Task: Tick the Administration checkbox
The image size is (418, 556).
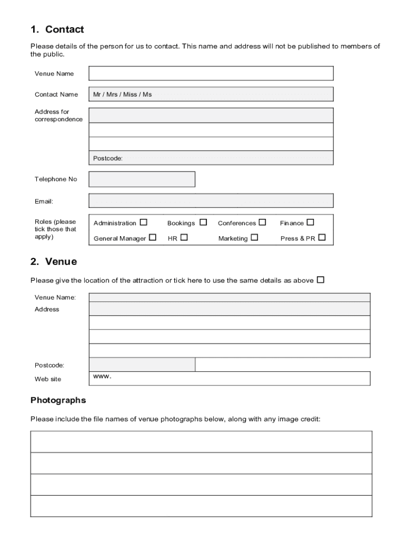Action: tap(143, 222)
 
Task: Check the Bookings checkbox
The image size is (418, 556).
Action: tap(203, 222)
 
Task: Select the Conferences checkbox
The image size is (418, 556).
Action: tap(263, 222)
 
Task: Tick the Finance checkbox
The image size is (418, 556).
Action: tap(311, 222)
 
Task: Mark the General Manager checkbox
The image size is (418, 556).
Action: tap(153, 237)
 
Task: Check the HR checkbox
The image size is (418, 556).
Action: tap(184, 237)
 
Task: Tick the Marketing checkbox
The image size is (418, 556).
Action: tap(255, 237)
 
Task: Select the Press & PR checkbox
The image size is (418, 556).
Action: tap(322, 237)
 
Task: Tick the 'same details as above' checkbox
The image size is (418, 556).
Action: tap(321, 280)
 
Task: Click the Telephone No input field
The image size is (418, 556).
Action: tap(142, 179)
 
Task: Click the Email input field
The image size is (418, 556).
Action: tap(211, 201)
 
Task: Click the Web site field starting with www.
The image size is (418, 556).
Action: tap(230, 378)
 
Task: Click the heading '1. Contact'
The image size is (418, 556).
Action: tap(57, 29)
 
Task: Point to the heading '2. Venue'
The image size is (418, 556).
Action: tap(54, 262)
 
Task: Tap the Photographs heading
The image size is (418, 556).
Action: tap(58, 400)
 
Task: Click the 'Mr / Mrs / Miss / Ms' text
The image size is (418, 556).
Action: tap(123, 94)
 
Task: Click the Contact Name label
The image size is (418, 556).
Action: tap(56, 94)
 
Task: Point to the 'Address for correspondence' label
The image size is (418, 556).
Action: tap(59, 116)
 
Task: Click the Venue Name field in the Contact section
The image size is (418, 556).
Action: tap(211, 73)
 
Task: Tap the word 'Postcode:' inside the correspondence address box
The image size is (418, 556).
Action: tap(108, 159)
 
